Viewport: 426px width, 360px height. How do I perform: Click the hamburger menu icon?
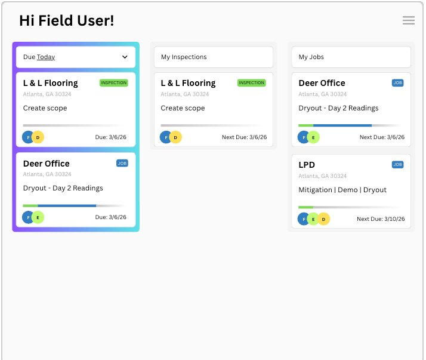[x=409, y=20]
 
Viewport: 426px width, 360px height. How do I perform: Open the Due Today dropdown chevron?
[x=125, y=57]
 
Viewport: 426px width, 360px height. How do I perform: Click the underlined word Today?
[x=46, y=57]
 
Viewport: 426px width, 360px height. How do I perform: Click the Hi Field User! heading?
[x=66, y=21]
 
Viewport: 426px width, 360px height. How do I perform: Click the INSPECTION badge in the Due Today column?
[x=114, y=83]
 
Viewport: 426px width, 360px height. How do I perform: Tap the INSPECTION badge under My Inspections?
[x=251, y=83]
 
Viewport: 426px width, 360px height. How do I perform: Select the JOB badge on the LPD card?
[x=397, y=164]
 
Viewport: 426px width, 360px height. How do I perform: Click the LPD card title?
[x=307, y=165]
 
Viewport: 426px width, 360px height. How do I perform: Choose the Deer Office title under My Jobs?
[x=322, y=83]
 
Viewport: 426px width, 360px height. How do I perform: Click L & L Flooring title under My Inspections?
[x=188, y=83]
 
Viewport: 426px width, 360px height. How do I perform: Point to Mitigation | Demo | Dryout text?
[x=342, y=190]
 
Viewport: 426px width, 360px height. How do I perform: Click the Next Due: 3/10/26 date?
[x=381, y=219]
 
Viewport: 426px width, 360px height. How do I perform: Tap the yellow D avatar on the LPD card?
[x=323, y=219]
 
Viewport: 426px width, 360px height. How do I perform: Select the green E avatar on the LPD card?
[x=313, y=219]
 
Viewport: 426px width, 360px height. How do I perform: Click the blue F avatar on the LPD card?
[x=304, y=219]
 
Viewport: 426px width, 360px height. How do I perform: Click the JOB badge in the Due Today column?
[x=122, y=163]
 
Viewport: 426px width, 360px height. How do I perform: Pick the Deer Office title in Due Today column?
[x=46, y=164]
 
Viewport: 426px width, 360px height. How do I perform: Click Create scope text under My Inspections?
[x=183, y=108]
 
